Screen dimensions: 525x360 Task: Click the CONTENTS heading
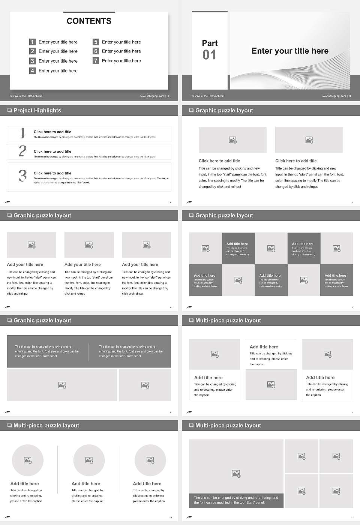(x=89, y=21)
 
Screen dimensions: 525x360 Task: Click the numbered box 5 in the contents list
(x=96, y=42)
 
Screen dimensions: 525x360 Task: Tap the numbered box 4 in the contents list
(x=33, y=70)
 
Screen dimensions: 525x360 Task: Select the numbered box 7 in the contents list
(x=96, y=61)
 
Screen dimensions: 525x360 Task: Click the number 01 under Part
(x=209, y=55)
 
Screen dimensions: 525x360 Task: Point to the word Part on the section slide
(x=210, y=43)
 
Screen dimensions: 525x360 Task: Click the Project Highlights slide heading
(x=37, y=110)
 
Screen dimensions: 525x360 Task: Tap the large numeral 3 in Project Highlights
(x=22, y=175)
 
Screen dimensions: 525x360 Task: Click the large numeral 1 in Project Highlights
(x=22, y=133)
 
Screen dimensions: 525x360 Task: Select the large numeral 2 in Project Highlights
(x=22, y=151)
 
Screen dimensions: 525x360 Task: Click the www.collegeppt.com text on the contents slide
(x=152, y=96)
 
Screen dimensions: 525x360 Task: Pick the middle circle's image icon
(x=89, y=460)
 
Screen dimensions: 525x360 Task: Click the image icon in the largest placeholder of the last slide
(x=236, y=474)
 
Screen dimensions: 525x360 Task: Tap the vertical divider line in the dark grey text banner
(x=89, y=351)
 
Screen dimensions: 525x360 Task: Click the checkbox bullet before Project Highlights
(x=9, y=110)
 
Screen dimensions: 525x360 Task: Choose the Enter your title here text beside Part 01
(x=290, y=51)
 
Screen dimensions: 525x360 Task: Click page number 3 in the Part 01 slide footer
(x=350, y=96)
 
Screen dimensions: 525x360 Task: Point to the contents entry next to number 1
(x=58, y=42)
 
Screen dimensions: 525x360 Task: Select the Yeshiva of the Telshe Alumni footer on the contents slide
(x=26, y=96)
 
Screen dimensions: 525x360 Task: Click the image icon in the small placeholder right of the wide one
(x=145, y=385)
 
